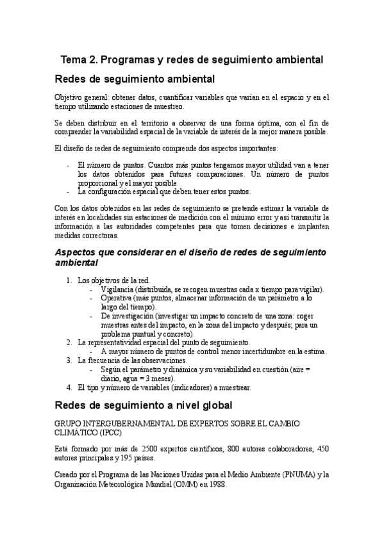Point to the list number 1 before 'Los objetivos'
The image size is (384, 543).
pos(69,280)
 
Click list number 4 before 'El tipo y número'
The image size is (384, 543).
pos(69,387)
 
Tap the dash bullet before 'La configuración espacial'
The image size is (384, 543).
pos(69,191)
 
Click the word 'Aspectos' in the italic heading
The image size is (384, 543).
pos(78,252)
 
